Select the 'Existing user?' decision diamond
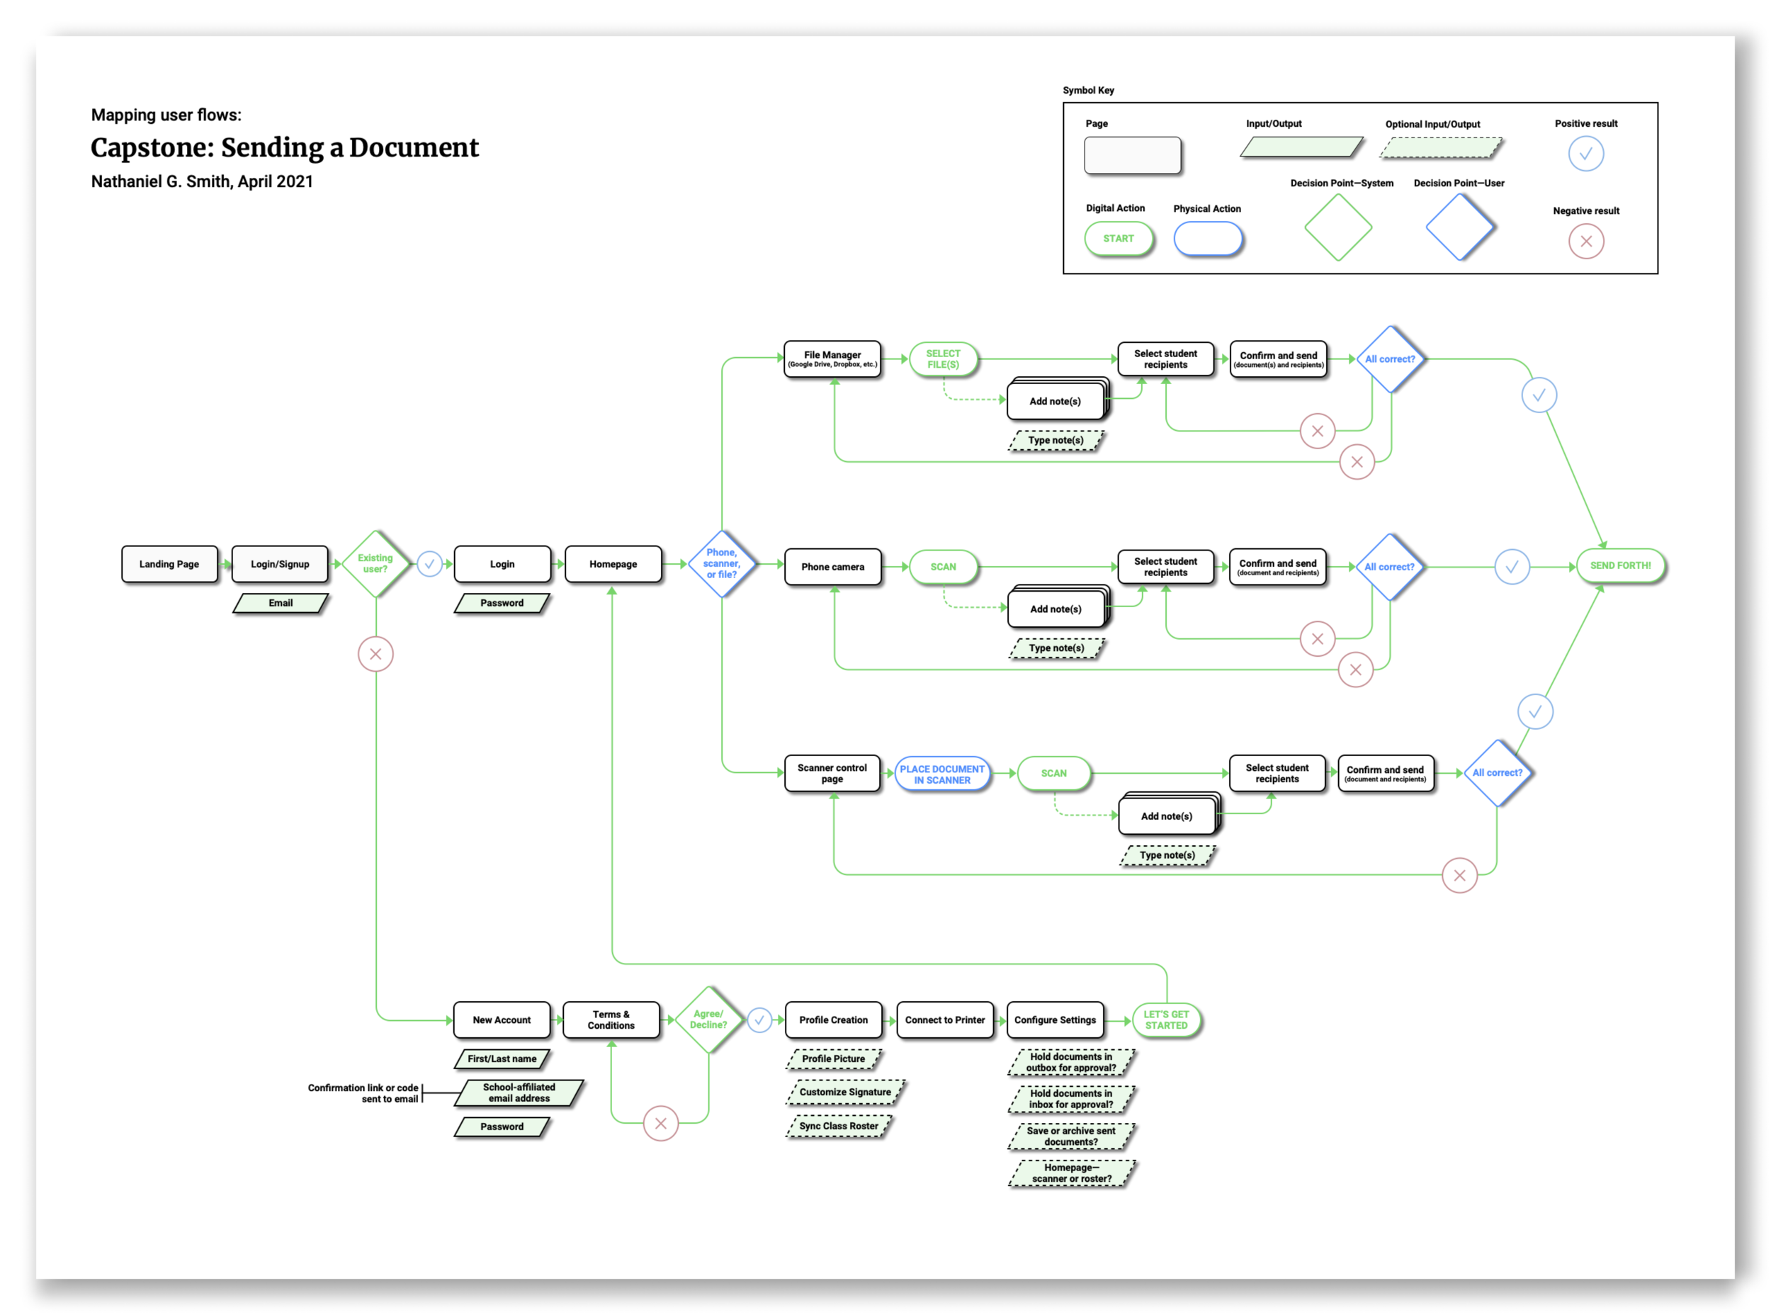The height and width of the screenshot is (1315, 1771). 375,563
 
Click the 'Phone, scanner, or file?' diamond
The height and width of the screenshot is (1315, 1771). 722,563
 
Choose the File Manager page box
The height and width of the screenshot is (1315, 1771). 832,359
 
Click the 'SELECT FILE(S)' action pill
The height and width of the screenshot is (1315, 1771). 943,359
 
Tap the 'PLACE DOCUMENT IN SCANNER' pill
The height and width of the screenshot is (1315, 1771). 942,774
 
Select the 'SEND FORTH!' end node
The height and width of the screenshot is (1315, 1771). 1621,566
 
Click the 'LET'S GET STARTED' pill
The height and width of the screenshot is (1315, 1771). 1166,1020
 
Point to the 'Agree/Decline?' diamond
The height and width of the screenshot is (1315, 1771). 708,1020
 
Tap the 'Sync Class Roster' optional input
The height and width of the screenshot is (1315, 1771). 839,1127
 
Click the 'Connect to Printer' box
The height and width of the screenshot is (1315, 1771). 945,1020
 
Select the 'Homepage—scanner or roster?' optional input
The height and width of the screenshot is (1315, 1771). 1071,1173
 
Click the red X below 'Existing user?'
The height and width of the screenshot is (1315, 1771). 375,655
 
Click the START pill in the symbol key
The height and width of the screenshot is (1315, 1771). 1119,239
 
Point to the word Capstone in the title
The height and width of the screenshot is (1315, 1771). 151,148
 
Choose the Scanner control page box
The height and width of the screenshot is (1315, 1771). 832,774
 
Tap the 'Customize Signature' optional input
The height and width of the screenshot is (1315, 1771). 845,1092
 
